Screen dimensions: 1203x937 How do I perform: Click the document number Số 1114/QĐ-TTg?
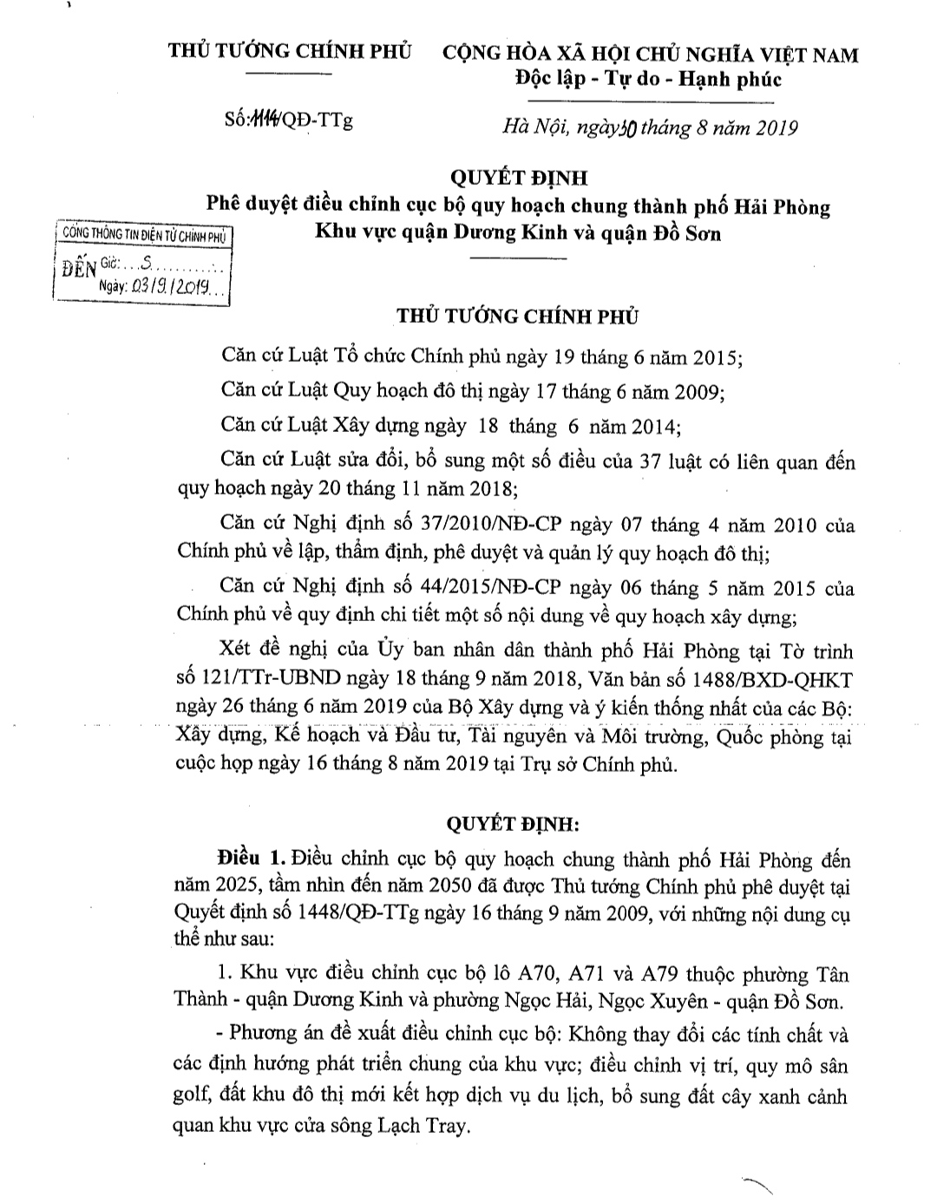287,121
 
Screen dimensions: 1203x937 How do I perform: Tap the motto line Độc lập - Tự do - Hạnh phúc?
647,80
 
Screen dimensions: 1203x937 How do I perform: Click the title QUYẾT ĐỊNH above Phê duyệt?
518,178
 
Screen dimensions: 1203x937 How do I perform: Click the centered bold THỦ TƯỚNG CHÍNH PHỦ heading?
517,316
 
